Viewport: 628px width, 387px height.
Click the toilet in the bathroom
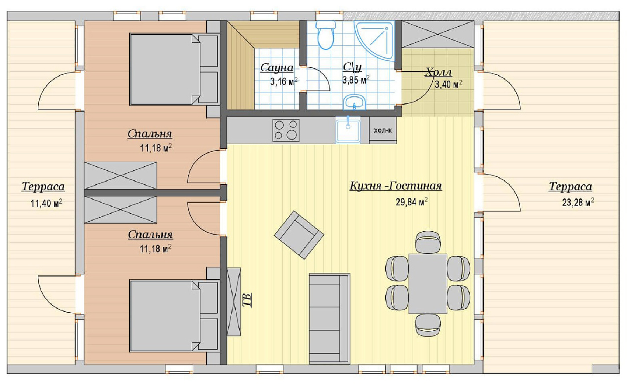[325, 35]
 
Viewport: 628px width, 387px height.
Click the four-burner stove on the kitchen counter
[286, 130]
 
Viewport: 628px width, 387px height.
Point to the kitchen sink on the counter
[348, 130]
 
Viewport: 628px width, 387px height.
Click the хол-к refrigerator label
[383, 130]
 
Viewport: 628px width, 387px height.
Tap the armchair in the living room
[299, 235]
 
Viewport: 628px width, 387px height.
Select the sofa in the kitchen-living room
[329, 319]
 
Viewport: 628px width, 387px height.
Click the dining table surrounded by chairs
[428, 284]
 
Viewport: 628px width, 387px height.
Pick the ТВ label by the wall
[247, 300]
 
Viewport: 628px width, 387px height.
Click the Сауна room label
[277, 68]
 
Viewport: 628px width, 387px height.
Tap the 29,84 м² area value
[412, 202]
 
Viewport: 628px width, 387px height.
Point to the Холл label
[438, 72]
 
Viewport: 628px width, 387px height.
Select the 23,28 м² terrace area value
[578, 202]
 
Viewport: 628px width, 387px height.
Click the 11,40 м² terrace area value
[46, 203]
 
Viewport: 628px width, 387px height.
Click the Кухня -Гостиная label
[395, 186]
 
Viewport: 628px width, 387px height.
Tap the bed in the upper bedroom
[174, 70]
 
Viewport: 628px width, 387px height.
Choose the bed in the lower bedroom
[174, 316]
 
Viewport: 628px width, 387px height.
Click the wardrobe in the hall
[437, 34]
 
